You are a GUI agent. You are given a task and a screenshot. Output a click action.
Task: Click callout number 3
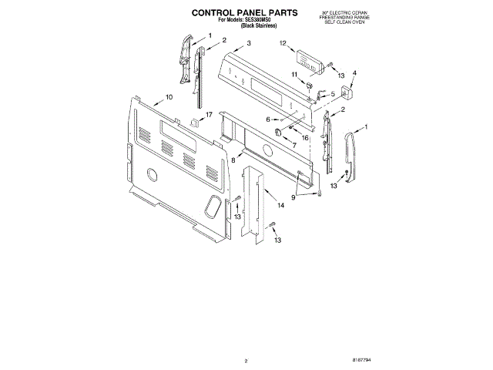pyautogui.click(x=249, y=44)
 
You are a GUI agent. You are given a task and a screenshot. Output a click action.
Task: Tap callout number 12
pyautogui.click(x=283, y=44)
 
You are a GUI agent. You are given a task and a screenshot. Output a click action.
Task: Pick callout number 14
pyautogui.click(x=280, y=205)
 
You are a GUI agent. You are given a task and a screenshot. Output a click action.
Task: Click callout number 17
pyautogui.click(x=209, y=113)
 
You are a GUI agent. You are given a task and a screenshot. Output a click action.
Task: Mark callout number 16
pyautogui.click(x=305, y=137)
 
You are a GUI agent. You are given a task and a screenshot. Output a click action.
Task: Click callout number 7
pyautogui.click(x=293, y=145)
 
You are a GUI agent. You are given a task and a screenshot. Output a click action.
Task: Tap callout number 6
pyautogui.click(x=267, y=119)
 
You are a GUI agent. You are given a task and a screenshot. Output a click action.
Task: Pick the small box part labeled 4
pyautogui.click(x=346, y=94)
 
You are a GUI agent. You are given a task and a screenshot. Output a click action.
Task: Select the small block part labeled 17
pyautogui.click(x=195, y=122)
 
